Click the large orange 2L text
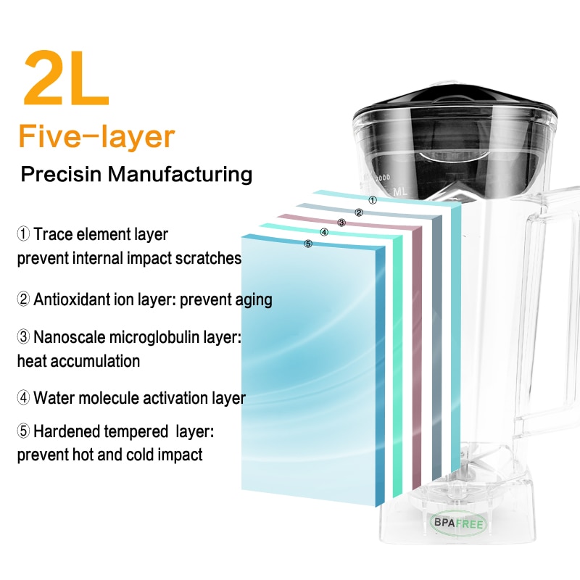(67, 78)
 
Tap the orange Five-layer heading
(96, 136)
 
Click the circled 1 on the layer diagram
(372, 200)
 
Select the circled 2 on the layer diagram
(358, 212)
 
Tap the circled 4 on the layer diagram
(324, 233)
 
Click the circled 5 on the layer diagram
(308, 244)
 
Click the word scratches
(212, 259)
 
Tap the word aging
(253, 299)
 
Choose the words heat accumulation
(78, 360)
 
